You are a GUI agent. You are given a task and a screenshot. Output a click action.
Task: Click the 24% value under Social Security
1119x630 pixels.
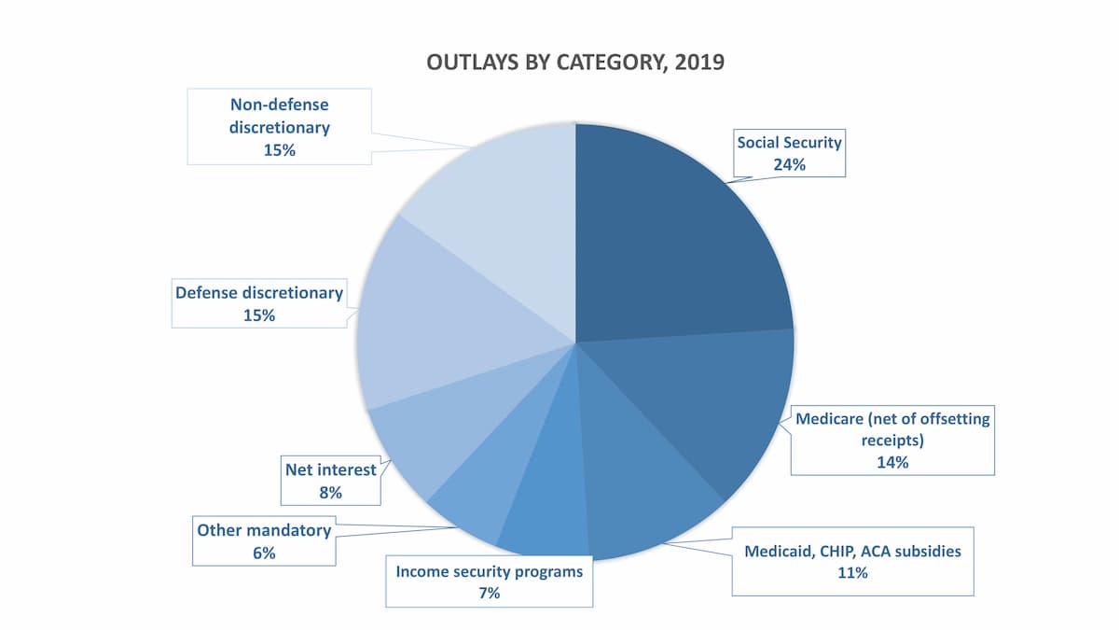[x=789, y=164]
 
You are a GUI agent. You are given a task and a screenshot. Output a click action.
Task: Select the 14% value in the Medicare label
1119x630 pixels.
[x=891, y=461]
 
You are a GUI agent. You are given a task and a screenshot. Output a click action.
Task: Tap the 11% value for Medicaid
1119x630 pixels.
[x=852, y=573]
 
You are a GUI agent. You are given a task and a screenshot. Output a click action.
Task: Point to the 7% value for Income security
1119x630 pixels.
[x=490, y=593]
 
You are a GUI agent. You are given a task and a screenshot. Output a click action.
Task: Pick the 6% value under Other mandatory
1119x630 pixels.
[x=264, y=553]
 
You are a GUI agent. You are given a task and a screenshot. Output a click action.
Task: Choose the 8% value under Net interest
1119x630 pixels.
[x=331, y=492]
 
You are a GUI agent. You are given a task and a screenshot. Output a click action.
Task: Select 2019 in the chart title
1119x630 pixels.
[x=700, y=63]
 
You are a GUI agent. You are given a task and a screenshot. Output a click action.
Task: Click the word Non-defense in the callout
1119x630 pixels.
[x=279, y=105]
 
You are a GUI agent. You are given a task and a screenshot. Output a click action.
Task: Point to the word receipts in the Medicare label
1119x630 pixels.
[x=891, y=440]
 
